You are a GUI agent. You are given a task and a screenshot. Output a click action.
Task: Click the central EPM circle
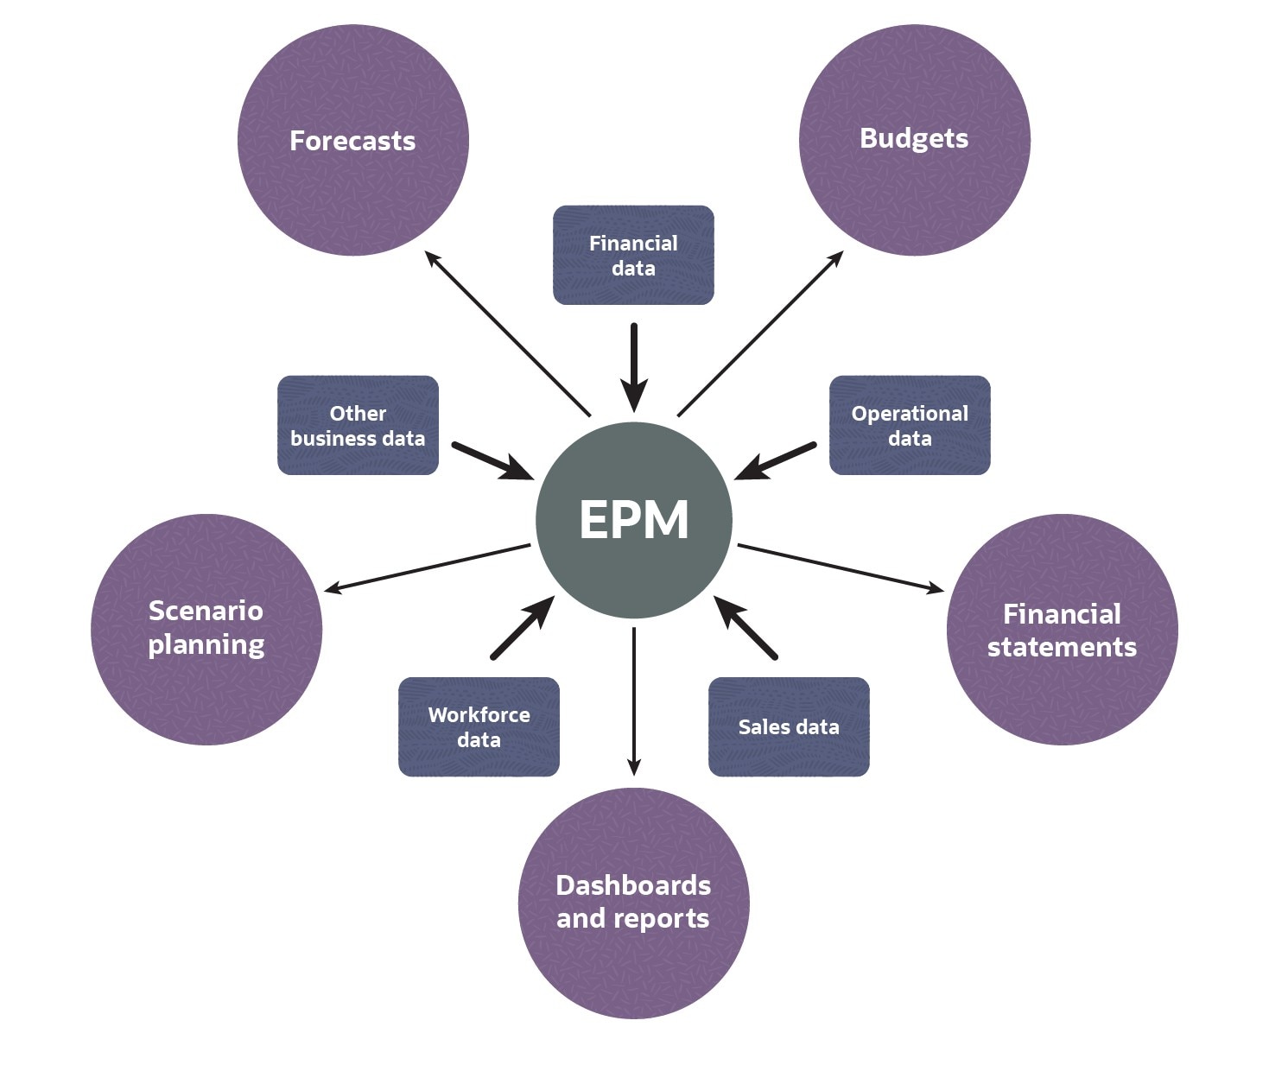click(634, 520)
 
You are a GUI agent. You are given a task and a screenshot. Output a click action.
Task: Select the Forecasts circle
click(352, 140)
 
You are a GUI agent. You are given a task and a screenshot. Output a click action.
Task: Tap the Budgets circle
click(914, 138)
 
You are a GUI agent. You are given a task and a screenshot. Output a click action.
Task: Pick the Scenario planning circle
click(206, 628)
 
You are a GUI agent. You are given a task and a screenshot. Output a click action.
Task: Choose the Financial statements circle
click(1062, 630)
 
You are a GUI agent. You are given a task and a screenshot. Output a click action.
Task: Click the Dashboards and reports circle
click(633, 903)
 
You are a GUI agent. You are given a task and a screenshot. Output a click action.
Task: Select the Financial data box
click(633, 255)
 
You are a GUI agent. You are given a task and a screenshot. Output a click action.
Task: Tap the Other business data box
click(358, 425)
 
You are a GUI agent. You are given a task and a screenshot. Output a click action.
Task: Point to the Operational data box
click(910, 425)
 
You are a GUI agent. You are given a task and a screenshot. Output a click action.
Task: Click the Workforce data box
click(479, 726)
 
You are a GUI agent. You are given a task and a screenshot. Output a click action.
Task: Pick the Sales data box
click(789, 726)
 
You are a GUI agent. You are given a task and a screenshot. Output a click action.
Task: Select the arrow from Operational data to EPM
click(775, 461)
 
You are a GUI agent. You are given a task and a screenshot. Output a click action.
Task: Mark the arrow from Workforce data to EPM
click(522, 628)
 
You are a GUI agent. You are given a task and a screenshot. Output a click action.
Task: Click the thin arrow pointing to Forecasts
click(508, 333)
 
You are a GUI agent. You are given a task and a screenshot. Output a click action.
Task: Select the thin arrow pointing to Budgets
click(760, 333)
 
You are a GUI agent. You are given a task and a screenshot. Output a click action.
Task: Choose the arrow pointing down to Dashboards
click(634, 700)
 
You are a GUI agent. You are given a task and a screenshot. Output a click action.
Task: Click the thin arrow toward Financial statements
click(840, 568)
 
